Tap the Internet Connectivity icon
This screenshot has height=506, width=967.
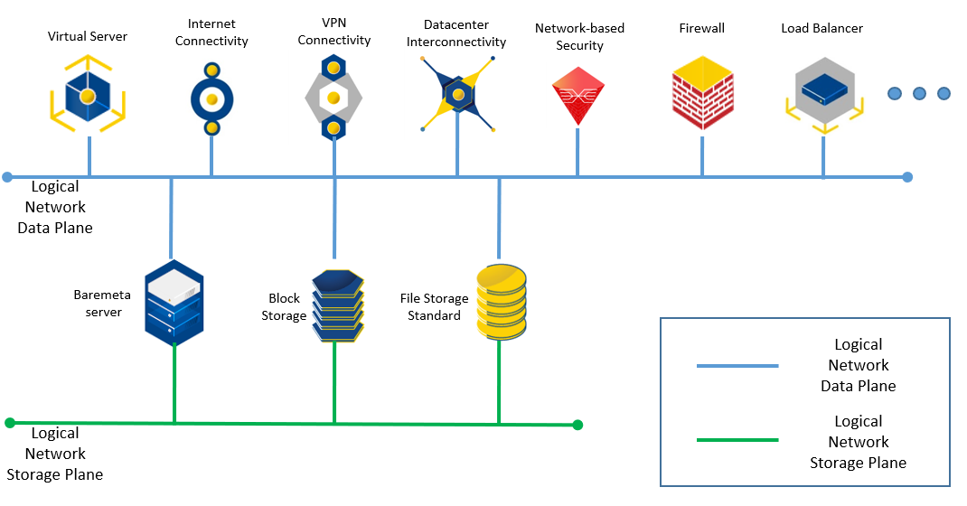pos(211,98)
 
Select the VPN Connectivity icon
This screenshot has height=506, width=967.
pos(333,98)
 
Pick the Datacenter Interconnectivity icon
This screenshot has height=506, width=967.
pos(458,94)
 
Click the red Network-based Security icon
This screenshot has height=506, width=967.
pos(577,95)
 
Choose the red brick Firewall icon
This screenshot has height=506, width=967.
pos(702,94)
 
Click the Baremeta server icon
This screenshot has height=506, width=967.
pos(174,304)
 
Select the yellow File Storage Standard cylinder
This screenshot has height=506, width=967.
pos(501,302)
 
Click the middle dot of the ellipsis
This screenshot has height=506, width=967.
pos(920,93)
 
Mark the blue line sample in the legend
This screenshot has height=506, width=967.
pos(737,366)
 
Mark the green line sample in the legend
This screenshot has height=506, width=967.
pos(737,440)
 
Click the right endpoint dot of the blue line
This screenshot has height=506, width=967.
pos(907,177)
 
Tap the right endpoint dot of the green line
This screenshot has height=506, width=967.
pos(577,425)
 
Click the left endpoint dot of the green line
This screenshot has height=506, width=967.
pos(10,422)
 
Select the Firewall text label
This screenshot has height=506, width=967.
pos(702,29)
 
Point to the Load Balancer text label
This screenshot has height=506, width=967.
pos(822,29)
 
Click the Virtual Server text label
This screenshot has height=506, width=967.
pos(88,37)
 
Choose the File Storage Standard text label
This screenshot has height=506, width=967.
pos(435,307)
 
